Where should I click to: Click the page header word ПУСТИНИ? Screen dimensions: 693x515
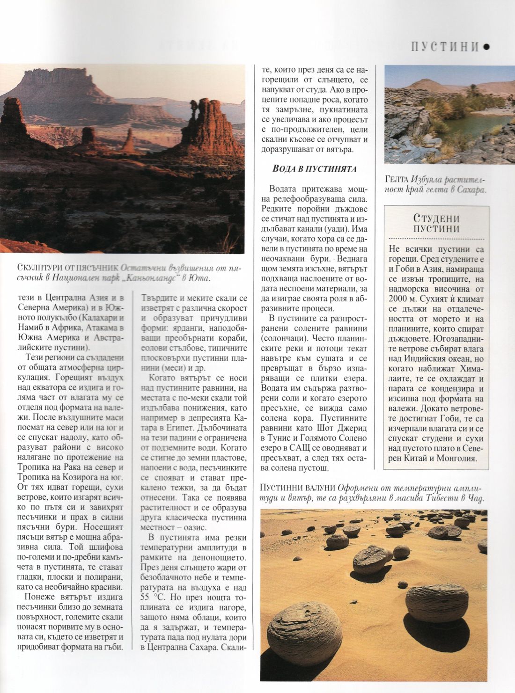pos(445,47)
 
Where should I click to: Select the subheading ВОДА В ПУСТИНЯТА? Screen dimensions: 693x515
pos(315,169)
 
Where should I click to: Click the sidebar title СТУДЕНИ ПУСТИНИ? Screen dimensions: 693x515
pos(436,224)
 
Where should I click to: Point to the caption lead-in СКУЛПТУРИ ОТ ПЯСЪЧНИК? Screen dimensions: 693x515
pos(67,268)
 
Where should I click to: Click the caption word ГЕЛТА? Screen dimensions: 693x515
pos(397,180)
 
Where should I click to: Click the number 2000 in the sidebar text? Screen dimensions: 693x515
pos(398,299)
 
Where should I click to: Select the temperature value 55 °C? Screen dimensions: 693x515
pos(152,598)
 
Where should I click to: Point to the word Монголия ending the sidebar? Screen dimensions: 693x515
pos(456,458)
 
